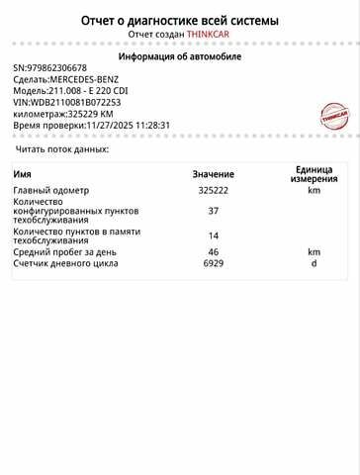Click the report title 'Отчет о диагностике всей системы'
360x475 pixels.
point(179,20)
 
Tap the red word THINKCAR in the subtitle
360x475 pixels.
point(209,35)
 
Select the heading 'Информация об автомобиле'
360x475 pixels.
point(179,56)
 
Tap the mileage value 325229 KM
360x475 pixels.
point(89,114)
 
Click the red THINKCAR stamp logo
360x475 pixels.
point(333,116)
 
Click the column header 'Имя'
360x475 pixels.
point(22,174)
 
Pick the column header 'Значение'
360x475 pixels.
point(213,174)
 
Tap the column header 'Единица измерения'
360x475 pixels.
point(315,174)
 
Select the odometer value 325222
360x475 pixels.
point(213,191)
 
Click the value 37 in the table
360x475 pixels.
point(213,211)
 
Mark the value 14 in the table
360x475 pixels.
point(213,236)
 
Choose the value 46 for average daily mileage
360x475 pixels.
point(213,252)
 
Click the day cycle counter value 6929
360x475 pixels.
point(213,263)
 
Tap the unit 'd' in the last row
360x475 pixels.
point(314,263)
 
